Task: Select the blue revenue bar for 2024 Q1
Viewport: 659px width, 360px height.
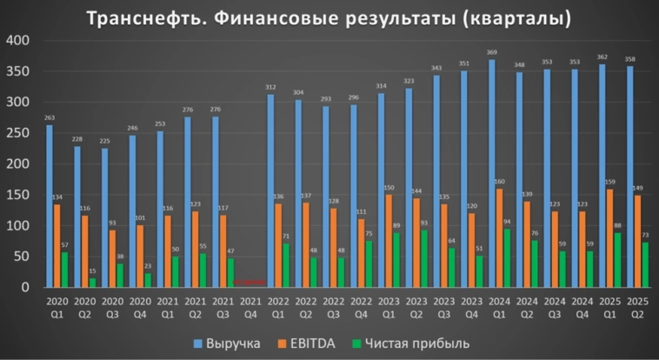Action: [x=491, y=174]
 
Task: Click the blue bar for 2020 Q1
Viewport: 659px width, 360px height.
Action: [x=50, y=206]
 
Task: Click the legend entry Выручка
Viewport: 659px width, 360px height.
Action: [x=223, y=343]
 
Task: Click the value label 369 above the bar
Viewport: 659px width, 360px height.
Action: [x=491, y=53]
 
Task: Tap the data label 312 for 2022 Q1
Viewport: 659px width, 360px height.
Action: [x=270, y=88]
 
